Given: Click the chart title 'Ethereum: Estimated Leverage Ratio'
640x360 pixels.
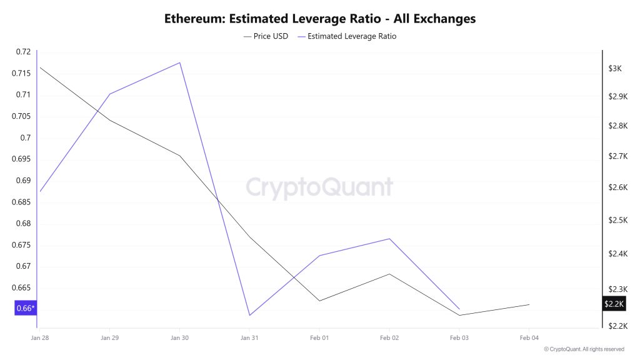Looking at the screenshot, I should pos(319,19).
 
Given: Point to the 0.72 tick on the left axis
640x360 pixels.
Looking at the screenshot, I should pos(23,52).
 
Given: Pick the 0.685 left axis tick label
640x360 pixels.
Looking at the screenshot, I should pos(21,202).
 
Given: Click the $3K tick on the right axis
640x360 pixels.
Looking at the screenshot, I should pos(615,68).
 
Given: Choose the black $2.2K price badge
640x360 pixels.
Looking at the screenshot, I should pos(614,304).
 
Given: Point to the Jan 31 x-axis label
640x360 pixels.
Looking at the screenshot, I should pos(249,337).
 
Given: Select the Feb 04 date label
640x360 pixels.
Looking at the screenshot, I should pos(529,337).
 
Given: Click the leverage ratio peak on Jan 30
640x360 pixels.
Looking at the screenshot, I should pos(180,62).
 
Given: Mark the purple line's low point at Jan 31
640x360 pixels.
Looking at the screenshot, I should pos(250,315).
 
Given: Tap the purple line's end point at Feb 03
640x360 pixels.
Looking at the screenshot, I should pos(459,309).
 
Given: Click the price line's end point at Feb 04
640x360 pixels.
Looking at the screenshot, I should pos(529,304).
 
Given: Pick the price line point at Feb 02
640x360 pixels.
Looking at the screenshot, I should pos(389,274).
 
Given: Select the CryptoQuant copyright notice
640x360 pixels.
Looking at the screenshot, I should pos(584,349).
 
